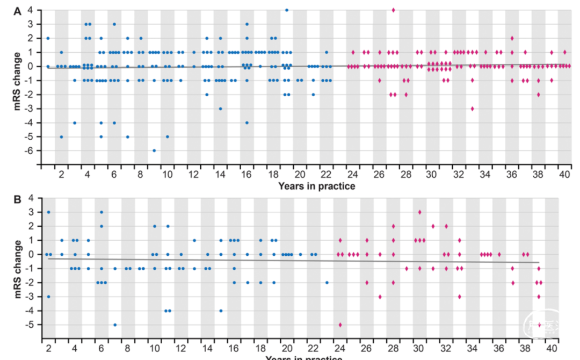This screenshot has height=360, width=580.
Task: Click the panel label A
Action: [x=18, y=10]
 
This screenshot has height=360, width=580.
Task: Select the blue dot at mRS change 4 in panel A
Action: [x=287, y=10]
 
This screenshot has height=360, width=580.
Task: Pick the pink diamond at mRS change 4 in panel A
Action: [x=393, y=10]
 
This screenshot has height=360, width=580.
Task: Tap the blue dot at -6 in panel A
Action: [x=154, y=150]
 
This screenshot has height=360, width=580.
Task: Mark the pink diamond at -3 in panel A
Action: [x=472, y=109]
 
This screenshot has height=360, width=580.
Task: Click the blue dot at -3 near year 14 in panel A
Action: [x=220, y=109]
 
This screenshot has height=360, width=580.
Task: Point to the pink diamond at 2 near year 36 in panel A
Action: [x=512, y=38]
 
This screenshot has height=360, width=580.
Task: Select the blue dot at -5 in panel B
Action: [x=115, y=325]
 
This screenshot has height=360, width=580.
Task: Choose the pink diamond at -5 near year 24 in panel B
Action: [x=340, y=325]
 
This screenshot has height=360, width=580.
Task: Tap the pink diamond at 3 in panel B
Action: [x=419, y=212]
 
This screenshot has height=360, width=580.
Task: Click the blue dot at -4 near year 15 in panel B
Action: [x=220, y=311]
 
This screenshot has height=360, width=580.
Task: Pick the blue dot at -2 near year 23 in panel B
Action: [x=327, y=282]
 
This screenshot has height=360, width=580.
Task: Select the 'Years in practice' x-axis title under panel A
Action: [x=316, y=186]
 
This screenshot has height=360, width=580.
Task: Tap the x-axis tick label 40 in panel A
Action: [x=564, y=175]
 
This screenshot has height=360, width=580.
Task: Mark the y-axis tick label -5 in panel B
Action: [x=31, y=325]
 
